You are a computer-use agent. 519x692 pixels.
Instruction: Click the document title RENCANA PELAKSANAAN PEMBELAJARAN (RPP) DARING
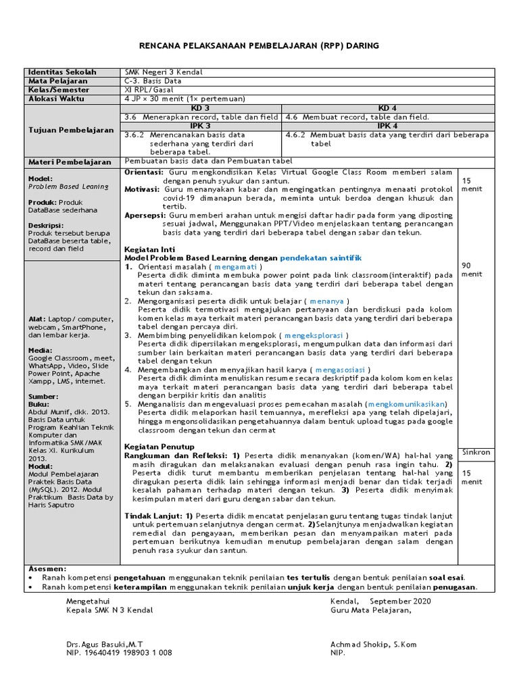coord(259,45)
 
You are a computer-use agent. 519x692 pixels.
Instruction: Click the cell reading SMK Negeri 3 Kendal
coord(164,72)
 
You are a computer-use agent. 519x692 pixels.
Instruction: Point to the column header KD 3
coord(201,108)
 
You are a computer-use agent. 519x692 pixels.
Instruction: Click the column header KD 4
coord(388,108)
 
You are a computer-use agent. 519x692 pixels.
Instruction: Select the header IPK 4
coord(388,126)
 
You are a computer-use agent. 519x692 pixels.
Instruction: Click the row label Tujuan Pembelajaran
coord(71,130)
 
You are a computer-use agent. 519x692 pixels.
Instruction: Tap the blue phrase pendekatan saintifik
coord(321,257)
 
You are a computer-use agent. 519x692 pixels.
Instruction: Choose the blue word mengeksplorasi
coord(315,335)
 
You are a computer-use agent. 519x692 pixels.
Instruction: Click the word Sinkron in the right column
coord(476,452)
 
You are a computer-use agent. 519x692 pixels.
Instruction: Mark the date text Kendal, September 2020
coord(380,601)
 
